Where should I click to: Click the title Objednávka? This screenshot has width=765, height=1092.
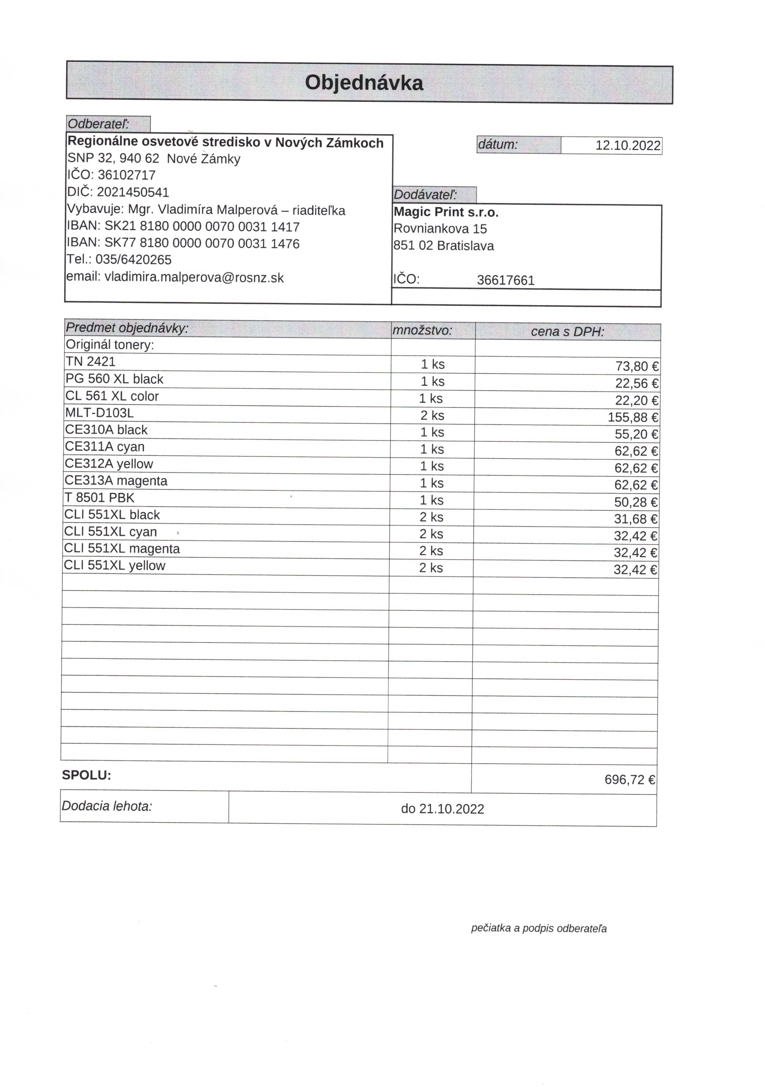(364, 83)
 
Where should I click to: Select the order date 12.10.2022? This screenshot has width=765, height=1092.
(627, 146)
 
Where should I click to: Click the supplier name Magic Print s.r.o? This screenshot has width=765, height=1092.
(446, 212)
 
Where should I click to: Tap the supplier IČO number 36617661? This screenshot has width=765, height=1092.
(506, 280)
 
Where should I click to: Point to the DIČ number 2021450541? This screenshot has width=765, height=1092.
(133, 192)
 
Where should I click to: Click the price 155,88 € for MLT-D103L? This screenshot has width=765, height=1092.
(633, 417)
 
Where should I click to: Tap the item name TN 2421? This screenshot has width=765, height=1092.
(90, 362)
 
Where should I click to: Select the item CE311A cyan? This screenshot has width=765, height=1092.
(104, 447)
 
